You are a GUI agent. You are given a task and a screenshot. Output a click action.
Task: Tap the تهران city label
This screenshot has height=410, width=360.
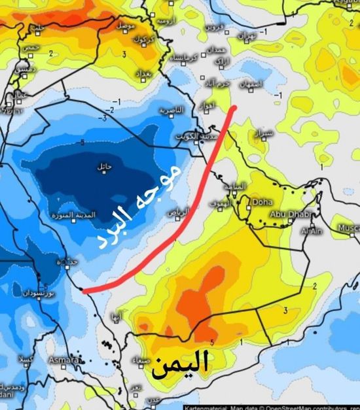click(x=245, y=34)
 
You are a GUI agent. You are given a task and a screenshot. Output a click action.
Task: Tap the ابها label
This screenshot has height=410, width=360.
click(x=116, y=318)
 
